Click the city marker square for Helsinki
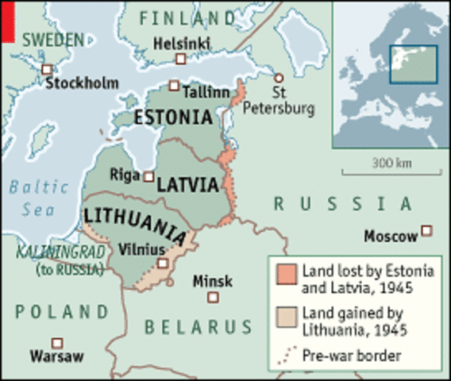(181, 59)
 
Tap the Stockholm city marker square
(48, 69)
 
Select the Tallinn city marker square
(174, 85)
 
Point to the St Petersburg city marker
(279, 78)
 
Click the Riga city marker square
(148, 176)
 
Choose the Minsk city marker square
(213, 297)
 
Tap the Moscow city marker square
(427, 231)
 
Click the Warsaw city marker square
(56, 341)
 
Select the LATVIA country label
(187, 184)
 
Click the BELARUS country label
(199, 326)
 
